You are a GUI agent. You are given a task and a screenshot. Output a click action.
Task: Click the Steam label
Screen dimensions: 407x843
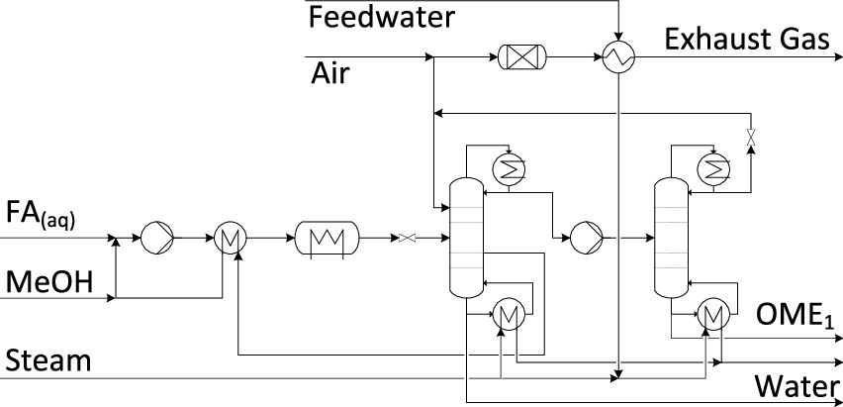(47, 361)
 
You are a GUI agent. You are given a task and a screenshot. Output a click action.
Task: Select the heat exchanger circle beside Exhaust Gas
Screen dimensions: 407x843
(618, 59)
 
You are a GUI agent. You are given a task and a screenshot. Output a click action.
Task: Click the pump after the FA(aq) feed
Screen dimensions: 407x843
(156, 238)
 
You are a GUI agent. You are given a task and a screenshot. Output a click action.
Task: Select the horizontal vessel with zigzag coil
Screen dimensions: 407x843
(326, 238)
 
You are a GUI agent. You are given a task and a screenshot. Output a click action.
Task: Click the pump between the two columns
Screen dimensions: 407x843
(581, 238)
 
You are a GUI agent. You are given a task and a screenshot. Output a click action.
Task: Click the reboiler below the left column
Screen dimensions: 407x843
(508, 315)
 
